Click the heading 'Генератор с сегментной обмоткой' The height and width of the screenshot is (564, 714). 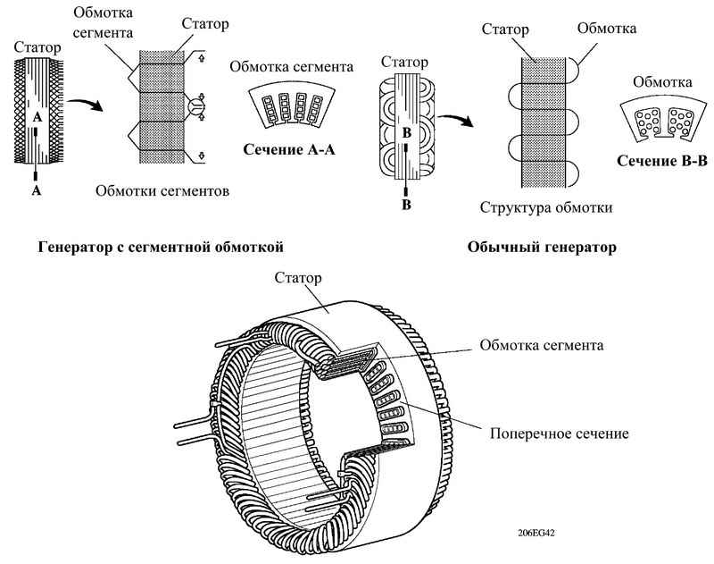pos(161,247)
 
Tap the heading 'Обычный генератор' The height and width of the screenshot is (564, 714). pos(542,247)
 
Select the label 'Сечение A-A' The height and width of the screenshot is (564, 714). pos(289,149)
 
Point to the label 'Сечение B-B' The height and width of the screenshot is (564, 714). pos(662,161)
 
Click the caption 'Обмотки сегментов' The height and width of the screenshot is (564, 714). pos(162,190)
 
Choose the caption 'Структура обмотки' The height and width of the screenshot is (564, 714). pos(546,207)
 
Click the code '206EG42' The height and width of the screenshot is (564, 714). pos(536,533)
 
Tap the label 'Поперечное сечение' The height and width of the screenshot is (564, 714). pos(560,434)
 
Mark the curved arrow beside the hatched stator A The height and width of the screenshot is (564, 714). pos(85,103)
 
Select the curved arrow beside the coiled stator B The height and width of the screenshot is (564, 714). pos(456,121)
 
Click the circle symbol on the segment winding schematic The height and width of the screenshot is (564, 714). pos(196,106)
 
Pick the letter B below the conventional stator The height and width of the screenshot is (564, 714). pos(406,205)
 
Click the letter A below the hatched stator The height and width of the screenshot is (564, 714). pos(37,190)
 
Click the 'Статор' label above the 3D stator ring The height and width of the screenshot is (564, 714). pos(298,278)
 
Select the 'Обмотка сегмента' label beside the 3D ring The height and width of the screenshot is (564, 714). pos(542,345)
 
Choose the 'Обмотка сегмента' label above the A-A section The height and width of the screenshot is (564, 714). pos(292,66)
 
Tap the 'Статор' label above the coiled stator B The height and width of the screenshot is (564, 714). pos(405,62)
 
